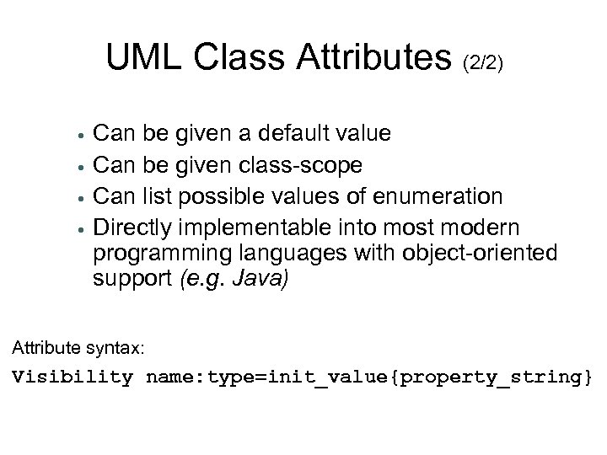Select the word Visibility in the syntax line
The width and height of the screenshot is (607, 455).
(73, 376)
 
